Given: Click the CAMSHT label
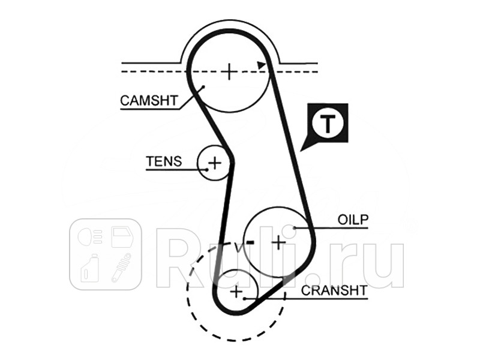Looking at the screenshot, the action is point(149,100).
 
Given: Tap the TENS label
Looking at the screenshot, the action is point(164,161).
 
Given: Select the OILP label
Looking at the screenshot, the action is point(353,220).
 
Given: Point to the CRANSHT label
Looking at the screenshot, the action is point(334,290).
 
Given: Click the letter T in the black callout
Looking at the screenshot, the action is point(328,124).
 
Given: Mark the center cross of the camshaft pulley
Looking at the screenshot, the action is point(229,71).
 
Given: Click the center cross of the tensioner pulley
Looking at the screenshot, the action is point(215,163).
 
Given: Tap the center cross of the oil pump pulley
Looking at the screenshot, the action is point(278,243).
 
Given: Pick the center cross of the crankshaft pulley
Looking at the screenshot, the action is point(236,292).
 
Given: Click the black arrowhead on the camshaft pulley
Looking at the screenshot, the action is point(261,65).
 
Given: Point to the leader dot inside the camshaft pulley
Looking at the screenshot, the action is point(203,87).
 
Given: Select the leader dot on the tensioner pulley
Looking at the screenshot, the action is point(207,169).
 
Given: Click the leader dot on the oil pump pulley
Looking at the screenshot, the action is point(295,228).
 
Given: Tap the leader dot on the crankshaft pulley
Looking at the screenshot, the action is point(244,298).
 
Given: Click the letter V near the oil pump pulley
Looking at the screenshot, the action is point(239,247).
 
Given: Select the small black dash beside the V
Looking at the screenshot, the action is point(250,243).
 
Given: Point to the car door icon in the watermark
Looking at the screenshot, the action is point(122,237).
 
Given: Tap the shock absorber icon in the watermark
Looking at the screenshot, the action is point(122,268).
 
